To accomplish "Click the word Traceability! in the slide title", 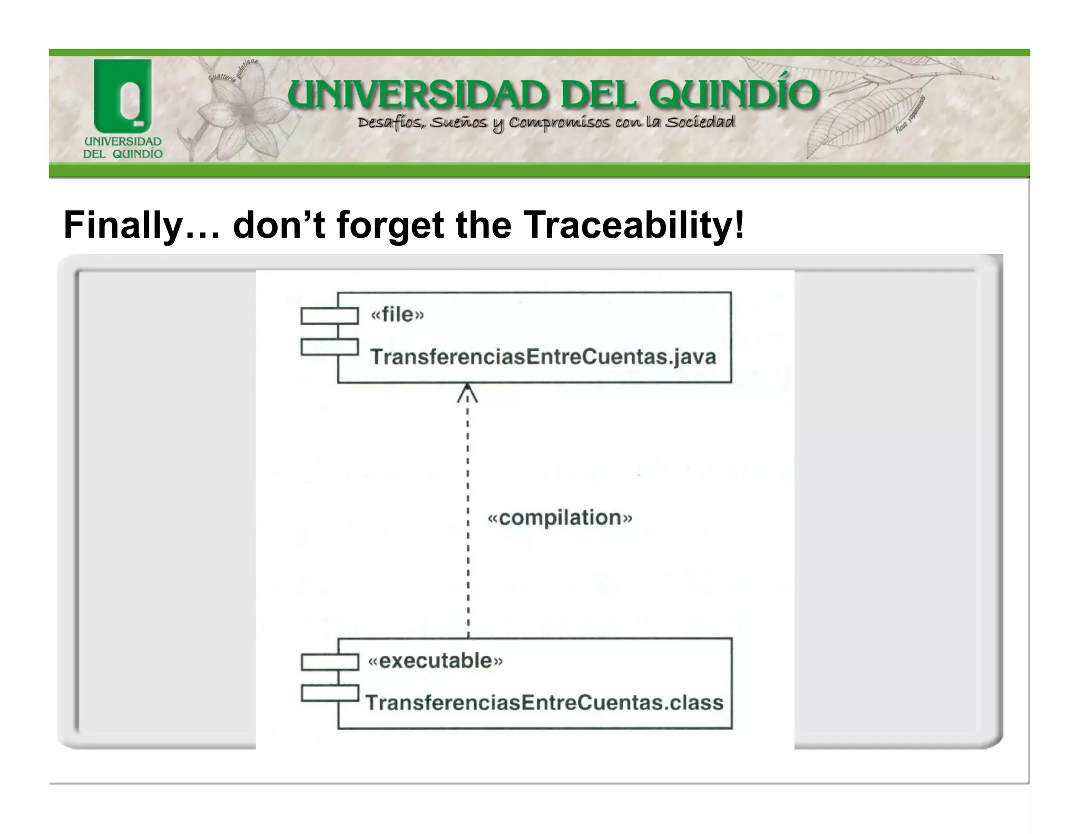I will [x=634, y=225].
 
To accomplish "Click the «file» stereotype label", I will [x=397, y=315].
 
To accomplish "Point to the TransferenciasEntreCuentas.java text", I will [x=543, y=357].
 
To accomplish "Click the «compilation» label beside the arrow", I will [x=560, y=518].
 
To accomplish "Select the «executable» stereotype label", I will [x=435, y=661].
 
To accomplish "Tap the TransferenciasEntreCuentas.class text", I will [x=544, y=703].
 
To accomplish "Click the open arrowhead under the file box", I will [x=467, y=393].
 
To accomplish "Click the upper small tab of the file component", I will [x=330, y=316].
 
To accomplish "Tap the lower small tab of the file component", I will [x=330, y=347].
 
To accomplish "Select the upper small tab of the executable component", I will [x=330, y=662].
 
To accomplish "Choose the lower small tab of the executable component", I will [x=330, y=693].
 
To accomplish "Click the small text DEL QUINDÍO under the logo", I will [x=123, y=154].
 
